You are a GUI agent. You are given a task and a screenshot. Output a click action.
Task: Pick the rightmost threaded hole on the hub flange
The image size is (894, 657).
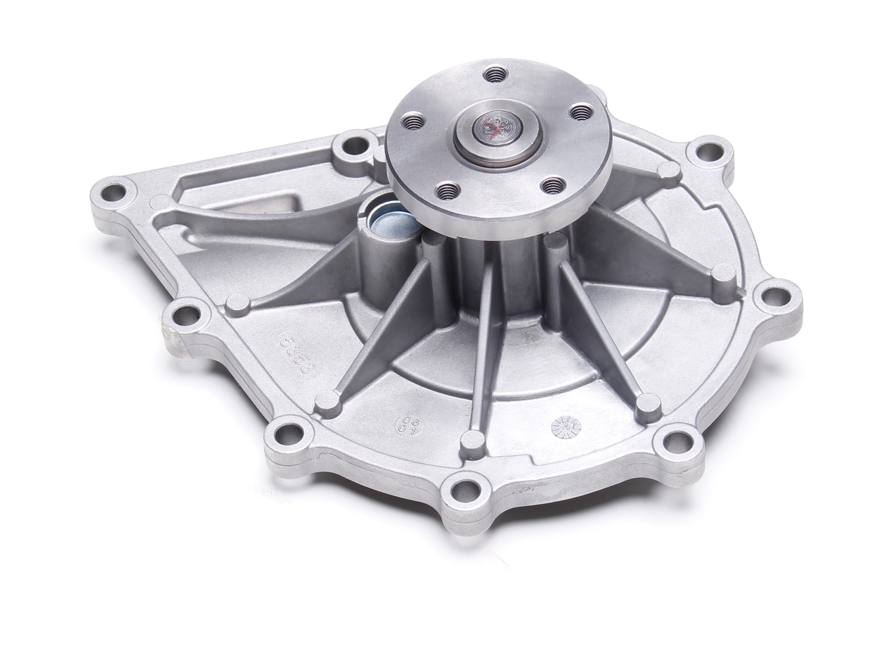579,111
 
